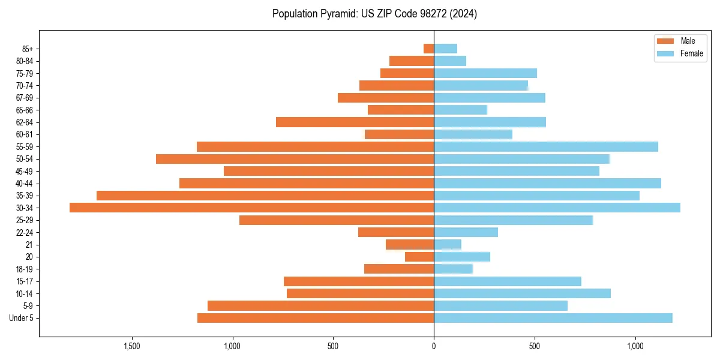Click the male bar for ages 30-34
coord(252,208)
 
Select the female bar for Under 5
coord(553,318)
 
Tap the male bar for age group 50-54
coord(295,159)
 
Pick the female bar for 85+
coord(445,49)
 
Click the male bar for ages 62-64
coord(355,122)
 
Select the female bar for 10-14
coord(522,293)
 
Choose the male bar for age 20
coord(419,257)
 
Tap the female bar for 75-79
coord(485,73)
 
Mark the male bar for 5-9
coord(320,306)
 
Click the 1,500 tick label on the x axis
coord(131,346)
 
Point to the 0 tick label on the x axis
coord(434,346)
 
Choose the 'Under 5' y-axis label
coord(21,318)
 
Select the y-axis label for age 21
coord(29,245)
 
